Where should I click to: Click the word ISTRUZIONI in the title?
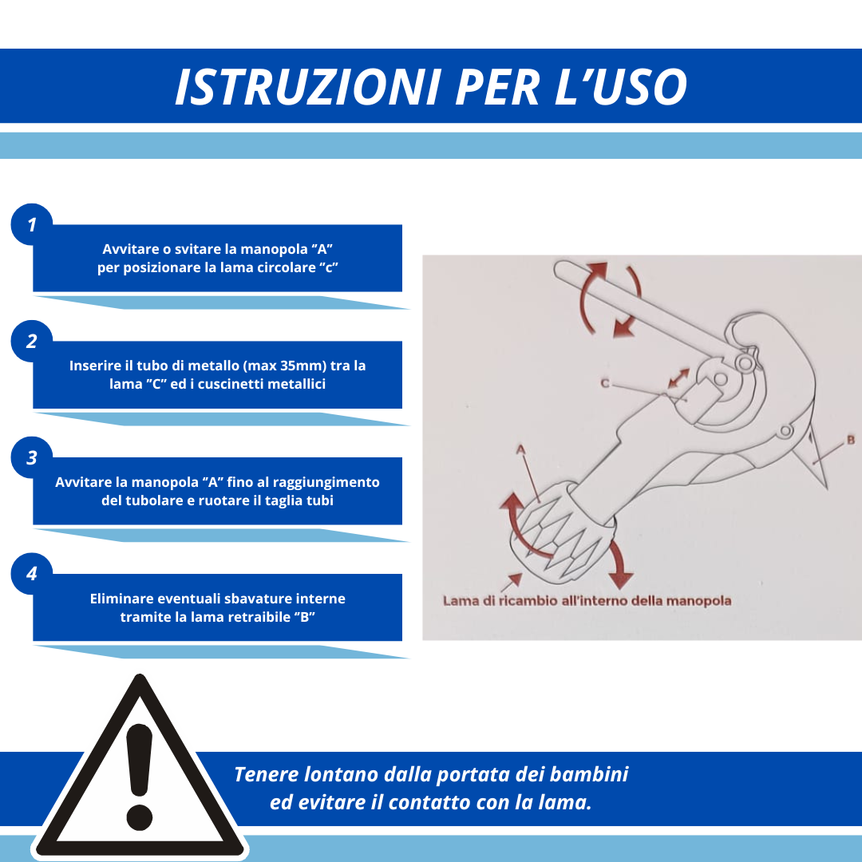point(307,87)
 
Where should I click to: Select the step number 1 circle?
point(32,225)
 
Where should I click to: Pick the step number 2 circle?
point(32,342)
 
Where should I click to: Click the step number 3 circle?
point(32,458)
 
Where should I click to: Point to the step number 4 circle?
point(32,574)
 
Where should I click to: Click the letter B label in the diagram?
point(851,440)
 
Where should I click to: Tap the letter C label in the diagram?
point(605,384)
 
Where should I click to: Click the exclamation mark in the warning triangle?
point(140,774)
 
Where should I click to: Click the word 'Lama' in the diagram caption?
point(461,600)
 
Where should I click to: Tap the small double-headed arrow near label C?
point(678,378)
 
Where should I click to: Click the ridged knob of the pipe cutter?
point(559,527)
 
